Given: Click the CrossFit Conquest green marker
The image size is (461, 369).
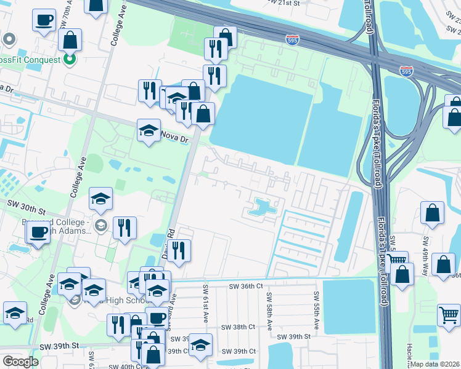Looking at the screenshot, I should pos(70,60).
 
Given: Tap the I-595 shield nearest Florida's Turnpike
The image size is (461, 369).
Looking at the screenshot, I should pos(406,71).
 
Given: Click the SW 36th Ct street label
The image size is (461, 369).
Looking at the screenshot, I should pos(246,286).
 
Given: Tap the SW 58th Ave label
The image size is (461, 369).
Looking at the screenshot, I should pos(269,312).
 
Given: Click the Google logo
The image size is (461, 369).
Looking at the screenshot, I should pos(20,362).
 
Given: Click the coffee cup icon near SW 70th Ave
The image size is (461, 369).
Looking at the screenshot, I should pos(44,19).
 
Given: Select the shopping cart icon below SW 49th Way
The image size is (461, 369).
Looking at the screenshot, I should pos(449,315).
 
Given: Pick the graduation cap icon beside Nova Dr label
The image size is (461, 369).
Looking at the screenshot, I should pos(149,130).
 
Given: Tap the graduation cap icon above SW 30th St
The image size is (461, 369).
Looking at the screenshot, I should pos(101,198).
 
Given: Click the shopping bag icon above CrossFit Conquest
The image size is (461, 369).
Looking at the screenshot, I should pos(71,39).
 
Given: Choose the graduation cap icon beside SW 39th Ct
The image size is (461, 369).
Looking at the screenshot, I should pos(200,344).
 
